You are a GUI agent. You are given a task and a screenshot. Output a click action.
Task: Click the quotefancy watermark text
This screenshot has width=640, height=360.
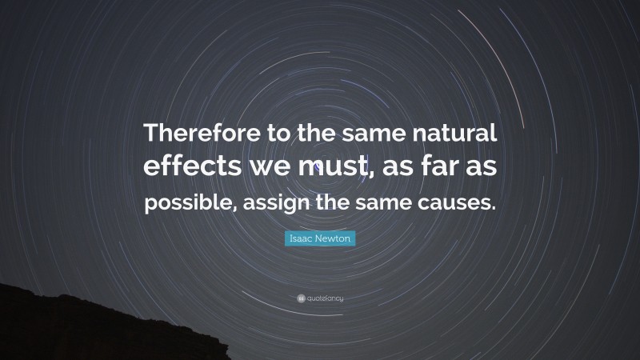click(x=325, y=298)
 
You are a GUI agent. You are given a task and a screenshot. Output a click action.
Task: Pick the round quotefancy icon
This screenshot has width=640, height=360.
click(x=299, y=298)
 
